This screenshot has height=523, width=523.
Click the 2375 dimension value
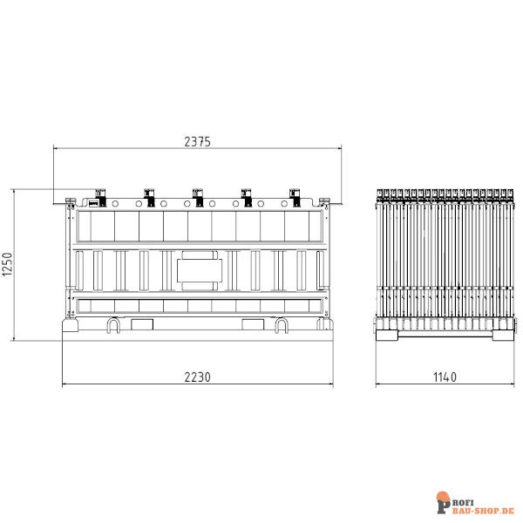197,142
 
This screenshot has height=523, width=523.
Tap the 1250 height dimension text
8,265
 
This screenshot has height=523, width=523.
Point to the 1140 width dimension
444,377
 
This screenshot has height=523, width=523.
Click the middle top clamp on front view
197,196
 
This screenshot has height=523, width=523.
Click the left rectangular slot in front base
140,323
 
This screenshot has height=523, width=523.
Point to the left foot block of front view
71,327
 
